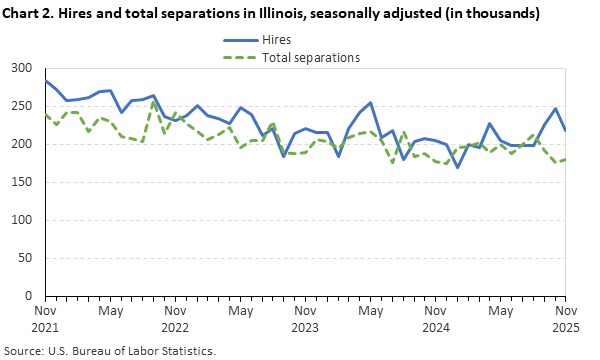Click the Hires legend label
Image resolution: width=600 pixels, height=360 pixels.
277,39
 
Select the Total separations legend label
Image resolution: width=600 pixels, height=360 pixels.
311,57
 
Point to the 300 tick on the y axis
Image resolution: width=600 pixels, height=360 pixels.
22,68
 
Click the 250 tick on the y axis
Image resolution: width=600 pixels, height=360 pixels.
22,106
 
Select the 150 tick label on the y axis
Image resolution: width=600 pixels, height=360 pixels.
22,182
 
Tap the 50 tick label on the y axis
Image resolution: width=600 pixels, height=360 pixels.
25,258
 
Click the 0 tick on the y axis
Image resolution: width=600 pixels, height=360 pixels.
29,296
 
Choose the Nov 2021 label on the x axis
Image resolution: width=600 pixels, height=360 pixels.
45,319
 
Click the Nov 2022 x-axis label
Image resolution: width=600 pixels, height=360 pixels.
175,319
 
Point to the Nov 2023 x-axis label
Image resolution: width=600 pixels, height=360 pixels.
306,319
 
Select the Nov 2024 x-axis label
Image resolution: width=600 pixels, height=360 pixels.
436,319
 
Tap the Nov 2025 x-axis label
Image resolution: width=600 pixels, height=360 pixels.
566,319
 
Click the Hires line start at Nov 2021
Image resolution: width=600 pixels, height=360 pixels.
45,81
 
